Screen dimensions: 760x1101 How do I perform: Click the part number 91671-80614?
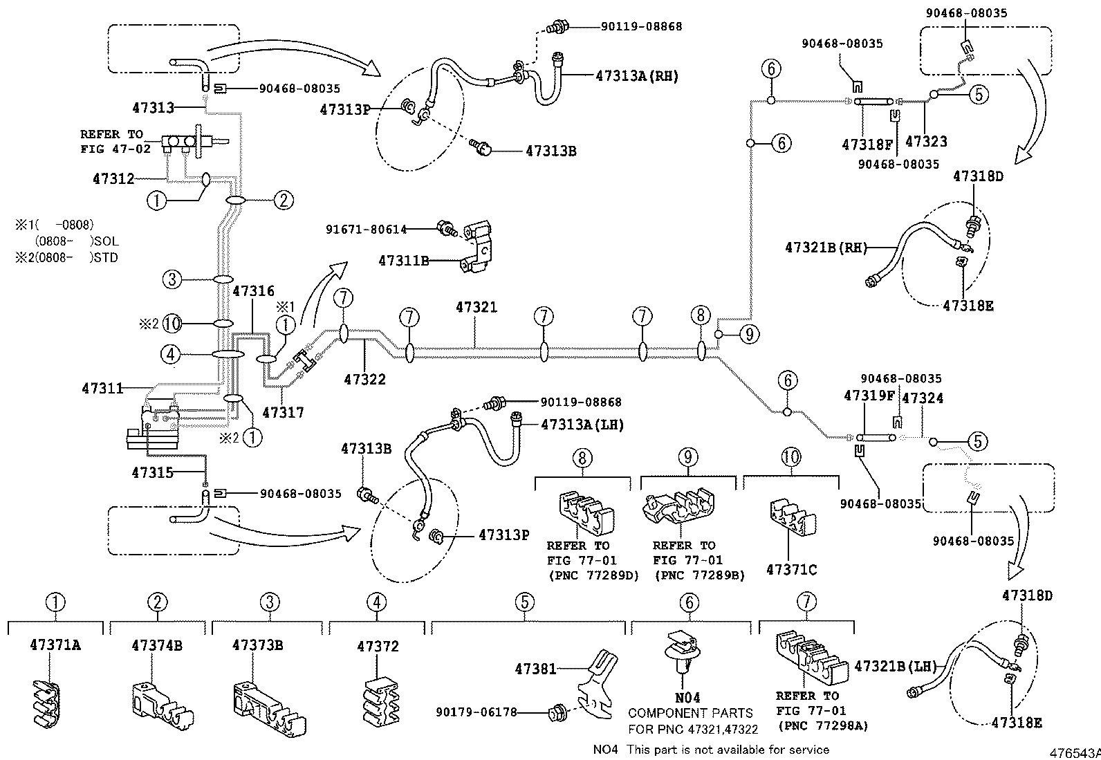(x=367, y=229)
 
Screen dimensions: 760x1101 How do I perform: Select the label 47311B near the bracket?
(x=404, y=261)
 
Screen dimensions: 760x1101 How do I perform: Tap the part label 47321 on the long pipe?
(x=476, y=307)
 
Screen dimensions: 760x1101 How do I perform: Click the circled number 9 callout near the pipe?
(x=749, y=335)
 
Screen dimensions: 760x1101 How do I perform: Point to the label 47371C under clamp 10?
(x=791, y=570)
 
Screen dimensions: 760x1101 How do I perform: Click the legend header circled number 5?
(x=525, y=602)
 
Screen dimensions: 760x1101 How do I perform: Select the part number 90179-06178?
(x=477, y=712)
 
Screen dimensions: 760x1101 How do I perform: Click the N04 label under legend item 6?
(x=689, y=697)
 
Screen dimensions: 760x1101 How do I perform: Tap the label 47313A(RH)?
(x=637, y=77)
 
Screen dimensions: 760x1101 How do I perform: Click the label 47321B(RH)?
(x=826, y=247)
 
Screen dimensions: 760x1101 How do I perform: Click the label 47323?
(x=926, y=142)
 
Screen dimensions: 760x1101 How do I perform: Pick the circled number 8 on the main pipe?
(x=701, y=316)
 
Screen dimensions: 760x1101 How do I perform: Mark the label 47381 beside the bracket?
(x=535, y=669)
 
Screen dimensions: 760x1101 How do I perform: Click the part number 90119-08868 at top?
(x=641, y=27)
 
